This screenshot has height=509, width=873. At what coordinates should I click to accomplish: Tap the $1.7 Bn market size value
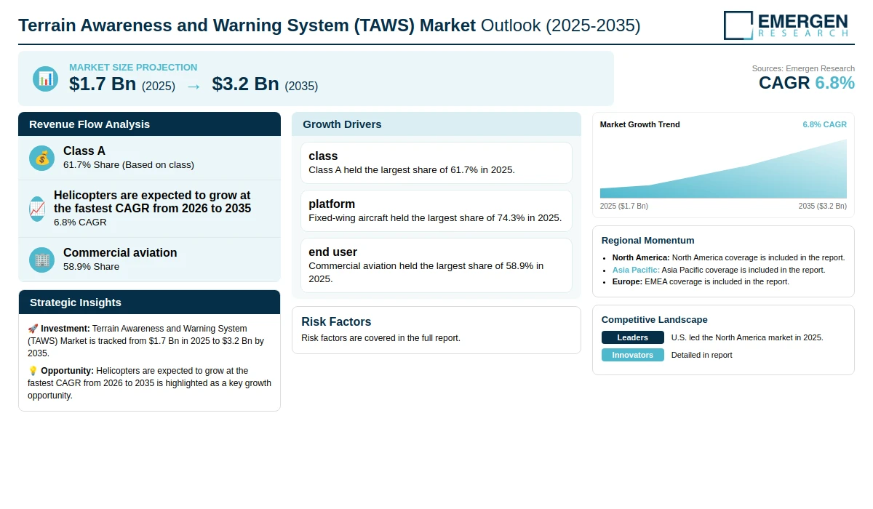(103, 84)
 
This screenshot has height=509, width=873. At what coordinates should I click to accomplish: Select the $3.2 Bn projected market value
(246, 84)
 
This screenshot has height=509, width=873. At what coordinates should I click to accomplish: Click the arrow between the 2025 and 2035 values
(194, 87)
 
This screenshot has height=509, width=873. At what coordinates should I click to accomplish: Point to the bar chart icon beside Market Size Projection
(46, 79)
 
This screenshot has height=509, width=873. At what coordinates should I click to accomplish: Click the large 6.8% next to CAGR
(834, 83)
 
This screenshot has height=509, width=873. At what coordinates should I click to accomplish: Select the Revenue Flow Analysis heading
(89, 124)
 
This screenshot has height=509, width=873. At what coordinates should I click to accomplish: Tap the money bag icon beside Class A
(41, 158)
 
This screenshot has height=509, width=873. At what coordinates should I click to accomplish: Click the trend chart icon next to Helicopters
(37, 209)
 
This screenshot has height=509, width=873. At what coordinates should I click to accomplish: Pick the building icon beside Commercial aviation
(41, 260)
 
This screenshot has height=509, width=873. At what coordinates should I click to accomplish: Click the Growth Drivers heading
(342, 124)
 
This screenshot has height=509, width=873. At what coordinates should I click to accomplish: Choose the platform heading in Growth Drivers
(332, 204)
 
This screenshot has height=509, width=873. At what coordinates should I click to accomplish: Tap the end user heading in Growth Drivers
(332, 252)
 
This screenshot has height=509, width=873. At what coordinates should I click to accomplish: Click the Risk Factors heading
(336, 321)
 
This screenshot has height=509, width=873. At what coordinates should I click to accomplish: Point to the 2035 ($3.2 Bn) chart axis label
(822, 206)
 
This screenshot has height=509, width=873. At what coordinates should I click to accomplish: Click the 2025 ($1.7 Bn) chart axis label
(623, 206)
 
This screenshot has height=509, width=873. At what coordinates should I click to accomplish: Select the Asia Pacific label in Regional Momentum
(636, 270)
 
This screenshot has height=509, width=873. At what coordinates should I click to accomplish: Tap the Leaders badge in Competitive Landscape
(632, 337)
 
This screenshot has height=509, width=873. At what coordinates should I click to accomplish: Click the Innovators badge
(632, 355)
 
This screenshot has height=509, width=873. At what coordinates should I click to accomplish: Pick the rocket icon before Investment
(33, 329)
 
